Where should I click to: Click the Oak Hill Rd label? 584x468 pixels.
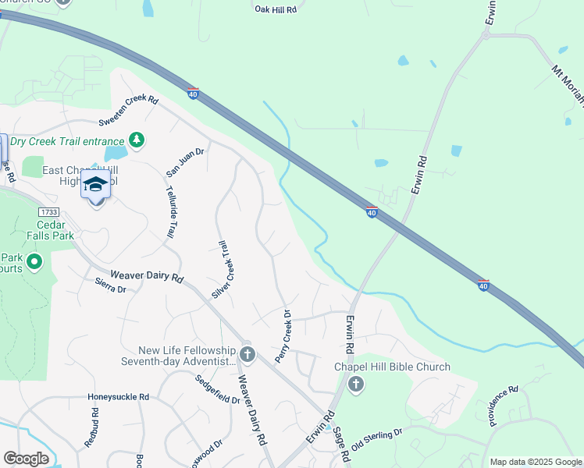pos(276,9)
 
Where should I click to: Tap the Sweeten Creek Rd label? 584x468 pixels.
pos(129,110)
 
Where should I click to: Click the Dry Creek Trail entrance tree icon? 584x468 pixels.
pos(137,139)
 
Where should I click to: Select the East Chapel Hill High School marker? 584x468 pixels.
pos(95,185)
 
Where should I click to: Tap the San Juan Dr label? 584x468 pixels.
pos(184,162)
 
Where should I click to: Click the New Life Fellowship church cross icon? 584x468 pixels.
pos(247,355)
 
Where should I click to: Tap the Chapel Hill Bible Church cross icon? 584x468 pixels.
pos(356,383)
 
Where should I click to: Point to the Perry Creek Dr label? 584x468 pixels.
pos(283,336)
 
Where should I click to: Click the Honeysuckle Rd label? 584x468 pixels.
pos(118,396)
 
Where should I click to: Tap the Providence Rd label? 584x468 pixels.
pos(504,406)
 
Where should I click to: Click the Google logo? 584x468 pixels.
pos(27,459)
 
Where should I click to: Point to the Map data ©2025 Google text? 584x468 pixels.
pos(535,462)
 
